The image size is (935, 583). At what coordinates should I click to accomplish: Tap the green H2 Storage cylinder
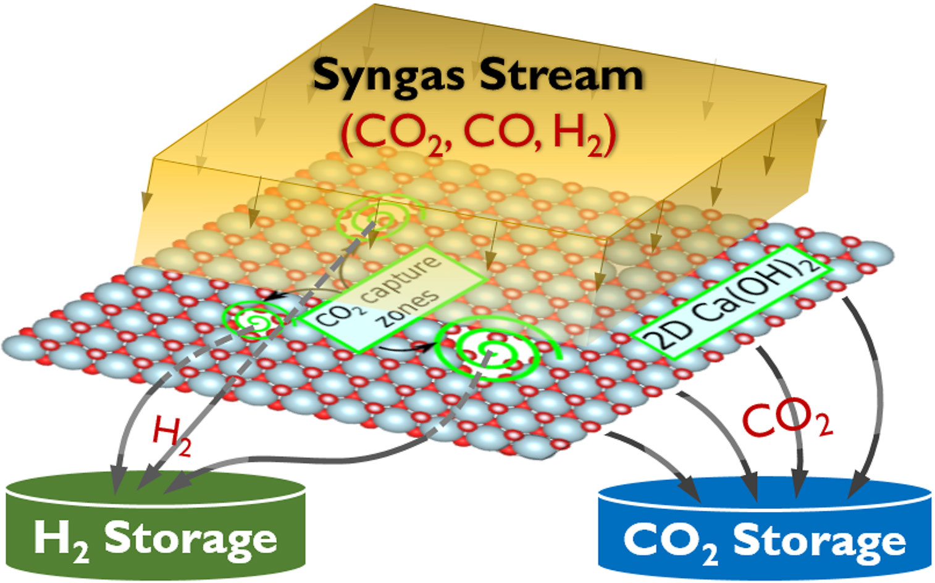[x=156, y=525]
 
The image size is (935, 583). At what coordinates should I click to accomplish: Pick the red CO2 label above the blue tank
[x=786, y=420]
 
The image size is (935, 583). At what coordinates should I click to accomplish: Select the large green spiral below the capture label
[x=491, y=351]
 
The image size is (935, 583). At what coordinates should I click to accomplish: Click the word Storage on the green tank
[x=190, y=539]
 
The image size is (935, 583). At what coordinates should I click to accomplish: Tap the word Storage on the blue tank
[x=819, y=541]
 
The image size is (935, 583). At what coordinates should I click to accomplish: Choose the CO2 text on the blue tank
[x=670, y=542]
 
